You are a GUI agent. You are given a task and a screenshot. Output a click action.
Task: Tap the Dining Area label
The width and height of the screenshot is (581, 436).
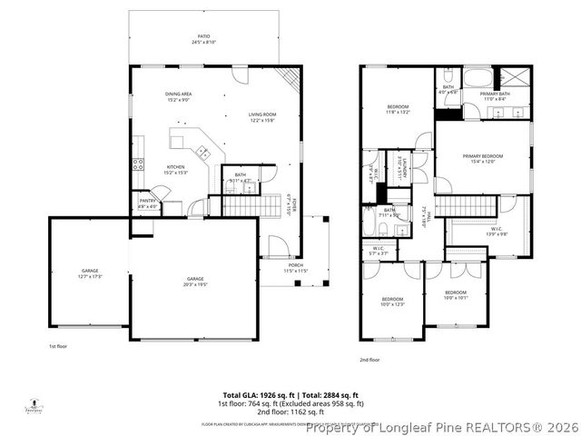178,96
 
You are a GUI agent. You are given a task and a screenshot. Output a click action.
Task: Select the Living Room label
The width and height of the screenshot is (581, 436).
261,116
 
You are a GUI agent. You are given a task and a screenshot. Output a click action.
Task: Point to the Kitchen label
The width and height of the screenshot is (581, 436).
174,170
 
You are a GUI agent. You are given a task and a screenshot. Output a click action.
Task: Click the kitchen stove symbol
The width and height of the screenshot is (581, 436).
139,164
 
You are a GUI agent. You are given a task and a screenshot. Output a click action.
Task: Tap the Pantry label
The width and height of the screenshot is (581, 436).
147,203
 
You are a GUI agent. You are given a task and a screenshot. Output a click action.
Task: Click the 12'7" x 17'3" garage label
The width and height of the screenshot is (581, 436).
89,272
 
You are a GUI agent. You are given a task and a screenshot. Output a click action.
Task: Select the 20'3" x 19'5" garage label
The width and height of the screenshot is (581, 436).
194,281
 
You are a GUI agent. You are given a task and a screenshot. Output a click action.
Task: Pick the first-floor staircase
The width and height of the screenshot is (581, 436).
248,207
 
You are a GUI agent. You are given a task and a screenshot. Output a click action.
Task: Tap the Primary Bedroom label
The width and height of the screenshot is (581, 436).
482,158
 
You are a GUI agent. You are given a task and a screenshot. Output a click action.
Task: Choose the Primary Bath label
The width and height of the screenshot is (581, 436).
496,96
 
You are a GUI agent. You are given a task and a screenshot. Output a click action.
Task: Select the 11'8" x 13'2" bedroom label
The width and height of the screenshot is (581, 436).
398,110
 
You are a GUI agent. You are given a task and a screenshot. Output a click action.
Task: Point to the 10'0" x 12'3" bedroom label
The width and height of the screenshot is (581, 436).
392,301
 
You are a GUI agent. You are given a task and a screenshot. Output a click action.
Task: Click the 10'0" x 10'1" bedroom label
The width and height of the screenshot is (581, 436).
455,295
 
